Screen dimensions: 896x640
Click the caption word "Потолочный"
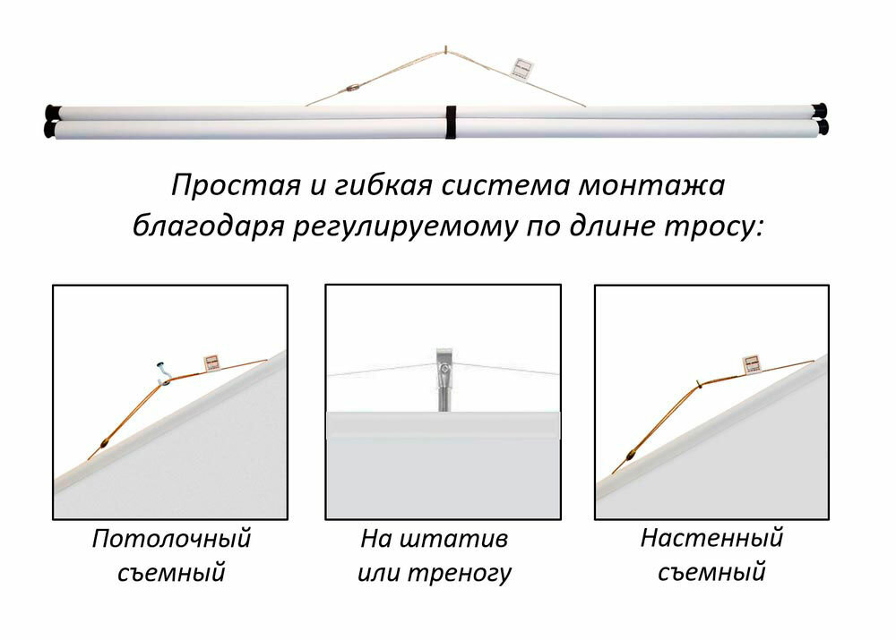coord(171,540)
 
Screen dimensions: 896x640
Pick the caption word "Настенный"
coord(711,539)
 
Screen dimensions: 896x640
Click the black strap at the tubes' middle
coord(451,122)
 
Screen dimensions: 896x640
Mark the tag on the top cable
coord(521,68)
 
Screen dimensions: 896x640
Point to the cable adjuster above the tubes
coord(352,89)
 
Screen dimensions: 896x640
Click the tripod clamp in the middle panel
coord(444,369)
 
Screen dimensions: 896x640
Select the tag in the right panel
coord(752,363)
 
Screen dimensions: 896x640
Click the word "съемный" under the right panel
coord(711,572)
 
